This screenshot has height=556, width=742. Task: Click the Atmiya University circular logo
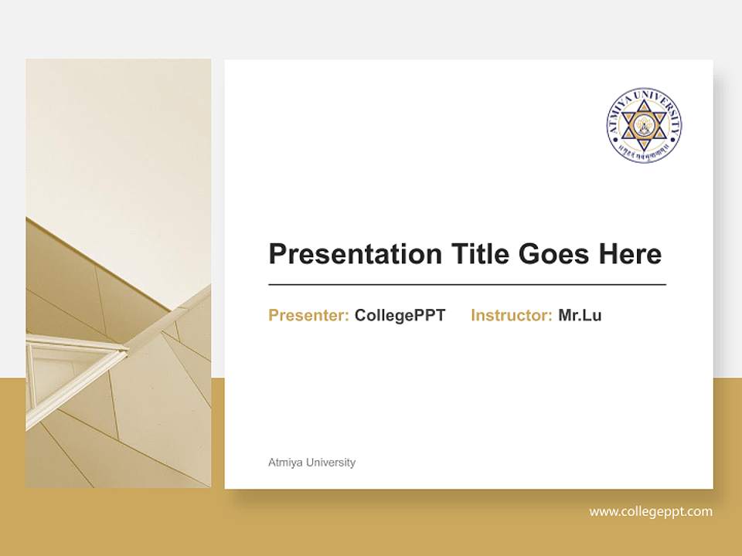[x=644, y=124]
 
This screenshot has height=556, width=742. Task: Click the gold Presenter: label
[x=308, y=315]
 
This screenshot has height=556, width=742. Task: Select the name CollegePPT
[x=400, y=315]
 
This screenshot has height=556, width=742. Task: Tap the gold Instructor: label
[x=511, y=315]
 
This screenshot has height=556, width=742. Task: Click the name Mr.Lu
[x=580, y=315]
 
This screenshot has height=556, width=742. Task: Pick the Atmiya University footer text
[x=311, y=463]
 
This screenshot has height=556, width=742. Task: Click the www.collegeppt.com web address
[x=651, y=511]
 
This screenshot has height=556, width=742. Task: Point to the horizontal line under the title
[x=467, y=285]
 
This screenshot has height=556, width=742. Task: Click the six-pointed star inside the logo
[x=644, y=124]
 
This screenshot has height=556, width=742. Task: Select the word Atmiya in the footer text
[x=284, y=463]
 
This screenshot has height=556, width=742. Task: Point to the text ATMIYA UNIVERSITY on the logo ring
[x=644, y=96]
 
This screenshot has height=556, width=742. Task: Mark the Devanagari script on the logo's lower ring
[x=644, y=155]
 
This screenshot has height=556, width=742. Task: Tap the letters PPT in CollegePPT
[x=430, y=315]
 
